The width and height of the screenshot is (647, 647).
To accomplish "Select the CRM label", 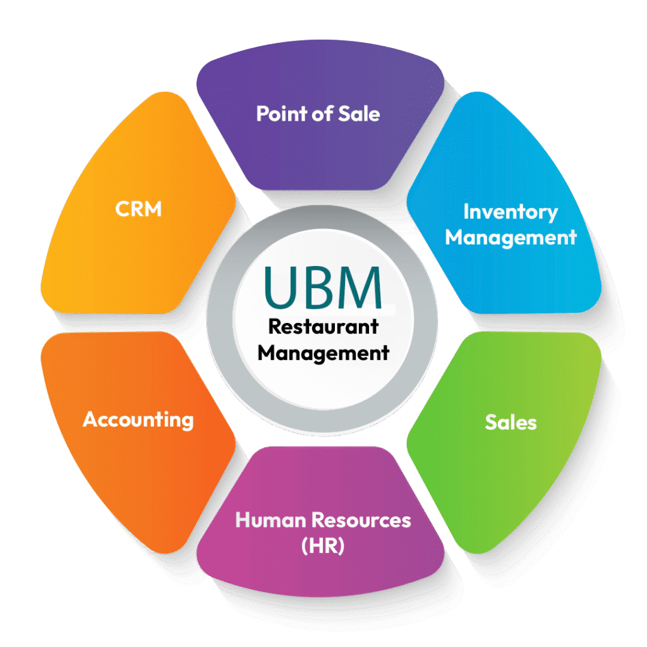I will point(138,209).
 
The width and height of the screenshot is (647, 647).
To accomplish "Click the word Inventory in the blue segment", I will point(511,212).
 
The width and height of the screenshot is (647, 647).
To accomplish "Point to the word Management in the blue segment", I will point(511,238).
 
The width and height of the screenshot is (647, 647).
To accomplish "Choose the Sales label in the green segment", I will point(511,422).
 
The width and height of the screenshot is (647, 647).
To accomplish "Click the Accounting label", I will point(138,420).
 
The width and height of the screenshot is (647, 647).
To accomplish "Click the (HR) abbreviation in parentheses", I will point(323,546).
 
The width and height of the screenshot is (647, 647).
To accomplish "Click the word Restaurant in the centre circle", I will point(323,327).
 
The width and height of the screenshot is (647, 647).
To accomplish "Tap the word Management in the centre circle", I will point(323,353).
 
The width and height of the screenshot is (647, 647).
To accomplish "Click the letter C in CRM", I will point(123,209).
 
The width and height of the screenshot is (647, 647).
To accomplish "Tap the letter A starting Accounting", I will point(91,420).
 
